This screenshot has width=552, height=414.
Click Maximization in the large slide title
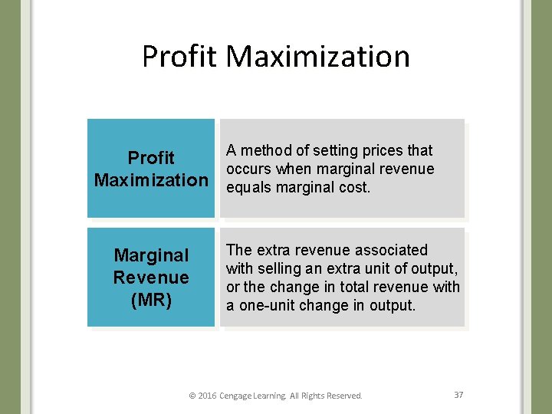tap(318, 57)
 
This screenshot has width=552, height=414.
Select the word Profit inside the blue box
tap(151, 158)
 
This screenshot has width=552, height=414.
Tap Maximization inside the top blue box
tap(151, 180)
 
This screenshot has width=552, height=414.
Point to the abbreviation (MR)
tap(151, 300)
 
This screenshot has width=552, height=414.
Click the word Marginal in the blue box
tap(151, 255)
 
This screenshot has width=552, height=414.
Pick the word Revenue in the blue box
tap(151, 278)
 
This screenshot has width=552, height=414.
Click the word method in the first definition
tap(265, 150)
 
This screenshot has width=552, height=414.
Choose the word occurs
tap(250, 169)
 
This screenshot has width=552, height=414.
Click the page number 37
tap(458, 395)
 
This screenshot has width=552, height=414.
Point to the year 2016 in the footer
tap(207, 396)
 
